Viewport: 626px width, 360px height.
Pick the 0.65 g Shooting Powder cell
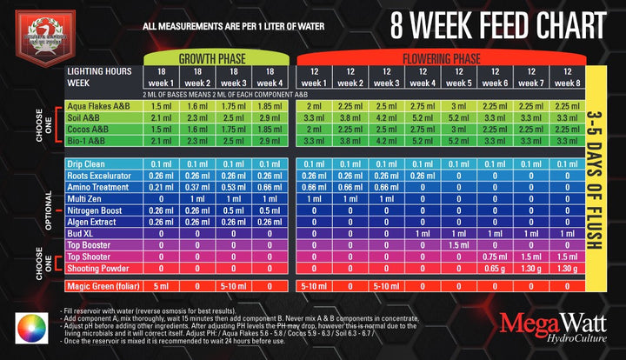[495, 269]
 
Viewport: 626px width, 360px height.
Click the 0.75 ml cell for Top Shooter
[495, 257]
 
